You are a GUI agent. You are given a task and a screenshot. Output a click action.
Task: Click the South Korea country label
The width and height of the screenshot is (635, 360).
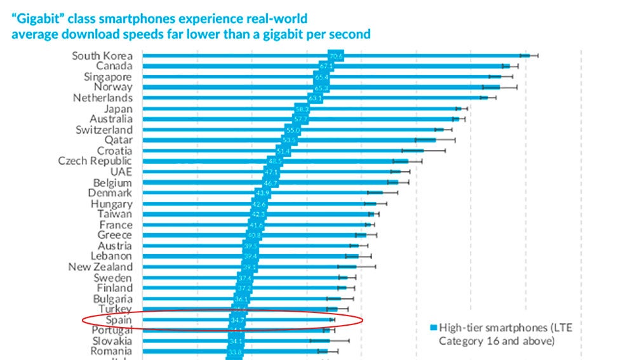tap(102, 56)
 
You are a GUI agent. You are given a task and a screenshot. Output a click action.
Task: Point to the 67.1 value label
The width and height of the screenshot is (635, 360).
tap(326, 67)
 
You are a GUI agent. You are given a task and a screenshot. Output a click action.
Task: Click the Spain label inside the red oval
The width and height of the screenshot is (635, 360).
tap(119, 320)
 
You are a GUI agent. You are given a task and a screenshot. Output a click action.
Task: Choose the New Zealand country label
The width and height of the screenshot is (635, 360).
tap(100, 267)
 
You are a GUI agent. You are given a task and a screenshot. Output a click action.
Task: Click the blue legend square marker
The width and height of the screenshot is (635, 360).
tap(434, 328)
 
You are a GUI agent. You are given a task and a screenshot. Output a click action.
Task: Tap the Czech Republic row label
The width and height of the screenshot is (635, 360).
tap(95, 161)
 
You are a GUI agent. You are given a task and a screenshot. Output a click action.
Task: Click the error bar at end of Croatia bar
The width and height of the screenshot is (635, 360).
tap(424, 151)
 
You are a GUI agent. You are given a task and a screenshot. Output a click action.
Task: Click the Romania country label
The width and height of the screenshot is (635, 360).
tap(111, 351)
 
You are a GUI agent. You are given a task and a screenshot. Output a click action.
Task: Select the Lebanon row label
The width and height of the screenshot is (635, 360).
tap(111, 257)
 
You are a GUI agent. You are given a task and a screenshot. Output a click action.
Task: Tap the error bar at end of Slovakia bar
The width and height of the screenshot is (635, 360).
tap(329, 341)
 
